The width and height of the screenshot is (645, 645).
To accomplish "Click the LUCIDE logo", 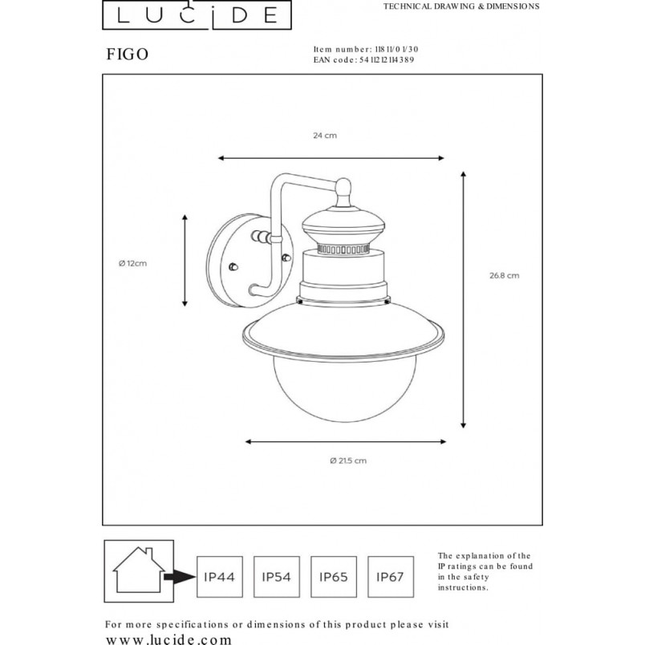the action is click(x=197, y=14).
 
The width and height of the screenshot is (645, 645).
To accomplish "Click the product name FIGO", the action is click(x=127, y=55).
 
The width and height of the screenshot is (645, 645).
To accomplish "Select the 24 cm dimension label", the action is click(x=325, y=136).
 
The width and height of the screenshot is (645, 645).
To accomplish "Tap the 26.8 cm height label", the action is click(x=505, y=276).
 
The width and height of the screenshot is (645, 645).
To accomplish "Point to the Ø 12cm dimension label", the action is click(x=132, y=263).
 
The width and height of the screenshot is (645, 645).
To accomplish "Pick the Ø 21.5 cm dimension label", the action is click(x=348, y=460).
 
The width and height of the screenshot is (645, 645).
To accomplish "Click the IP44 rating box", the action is click(x=220, y=577).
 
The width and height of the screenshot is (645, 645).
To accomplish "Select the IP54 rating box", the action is click(x=277, y=577).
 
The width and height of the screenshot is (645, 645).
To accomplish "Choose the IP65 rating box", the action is click(x=334, y=577).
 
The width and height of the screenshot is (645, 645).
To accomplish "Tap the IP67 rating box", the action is click(x=391, y=577).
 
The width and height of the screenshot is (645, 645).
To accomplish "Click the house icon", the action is click(x=139, y=570).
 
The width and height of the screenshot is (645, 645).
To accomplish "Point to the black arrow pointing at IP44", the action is click(x=181, y=577).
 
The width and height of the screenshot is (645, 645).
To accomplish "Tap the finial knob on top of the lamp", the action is click(x=343, y=191).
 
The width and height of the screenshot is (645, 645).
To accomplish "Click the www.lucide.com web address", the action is click(x=168, y=639).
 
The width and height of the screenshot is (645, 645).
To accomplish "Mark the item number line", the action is click(x=366, y=50).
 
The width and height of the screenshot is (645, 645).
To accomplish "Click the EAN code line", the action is click(x=363, y=60).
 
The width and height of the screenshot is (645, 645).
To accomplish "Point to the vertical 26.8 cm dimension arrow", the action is click(x=463, y=300).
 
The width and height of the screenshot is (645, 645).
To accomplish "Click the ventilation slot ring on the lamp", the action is click(x=343, y=249).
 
